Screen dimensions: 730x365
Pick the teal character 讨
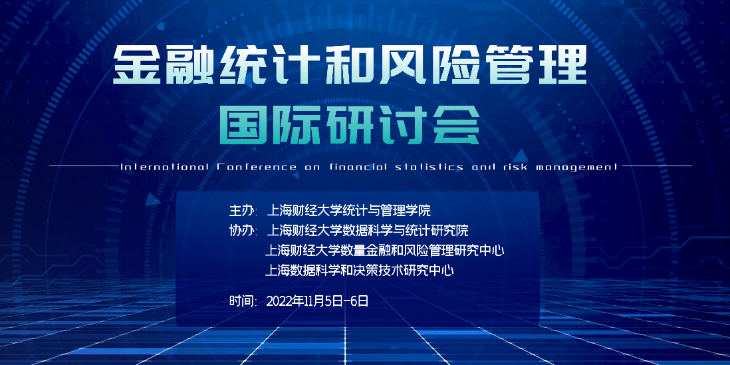[x=403, y=124]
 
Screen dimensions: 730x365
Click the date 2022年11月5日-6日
[x=317, y=301]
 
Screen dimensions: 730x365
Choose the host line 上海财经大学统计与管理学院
[x=348, y=211]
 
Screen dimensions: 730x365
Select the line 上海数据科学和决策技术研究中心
[x=359, y=271]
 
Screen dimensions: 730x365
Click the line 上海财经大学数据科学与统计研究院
[x=368, y=231]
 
